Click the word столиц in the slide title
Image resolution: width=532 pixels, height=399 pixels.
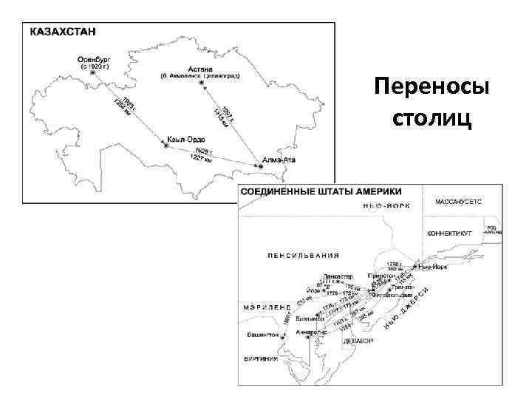432,118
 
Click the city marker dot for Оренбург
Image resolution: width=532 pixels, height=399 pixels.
93,73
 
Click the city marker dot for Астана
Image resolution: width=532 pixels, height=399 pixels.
200,83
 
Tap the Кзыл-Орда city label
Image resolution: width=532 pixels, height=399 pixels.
186,140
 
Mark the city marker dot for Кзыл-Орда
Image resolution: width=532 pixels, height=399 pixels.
166,146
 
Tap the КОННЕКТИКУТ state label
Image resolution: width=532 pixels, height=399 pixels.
450,233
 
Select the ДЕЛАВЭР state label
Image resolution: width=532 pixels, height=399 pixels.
358,342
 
